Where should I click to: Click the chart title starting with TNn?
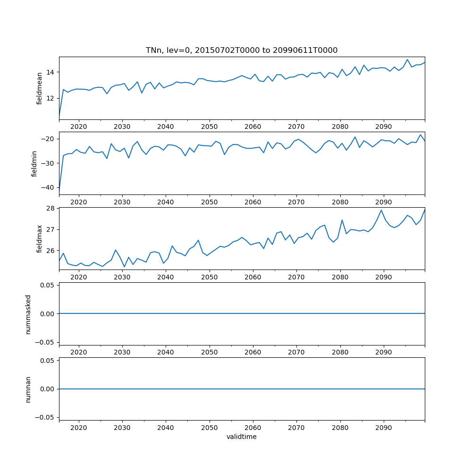(241, 51)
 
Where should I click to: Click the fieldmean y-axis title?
(40, 88)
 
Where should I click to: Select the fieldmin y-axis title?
(34, 163)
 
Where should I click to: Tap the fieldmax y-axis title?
(40, 238)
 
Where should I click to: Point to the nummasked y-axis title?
(28, 314)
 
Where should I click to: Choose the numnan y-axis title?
(28, 389)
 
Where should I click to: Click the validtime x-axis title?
(241, 437)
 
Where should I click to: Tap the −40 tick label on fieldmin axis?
(48, 187)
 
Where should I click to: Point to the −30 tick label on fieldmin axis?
(48, 163)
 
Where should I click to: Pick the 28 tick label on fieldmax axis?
(50, 208)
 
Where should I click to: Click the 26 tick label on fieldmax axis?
(50, 251)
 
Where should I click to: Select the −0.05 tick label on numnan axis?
(46, 417)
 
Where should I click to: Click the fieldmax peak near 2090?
(381, 210)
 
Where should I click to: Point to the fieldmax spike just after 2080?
(342, 220)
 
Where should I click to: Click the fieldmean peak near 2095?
(407, 59)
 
